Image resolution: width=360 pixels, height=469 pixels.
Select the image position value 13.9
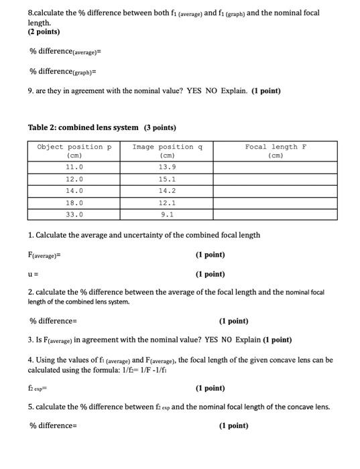[168, 166]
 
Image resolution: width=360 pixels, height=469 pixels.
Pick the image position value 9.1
[168, 214]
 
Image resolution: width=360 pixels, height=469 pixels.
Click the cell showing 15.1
[168, 179]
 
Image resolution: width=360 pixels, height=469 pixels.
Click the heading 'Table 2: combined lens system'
[83, 127]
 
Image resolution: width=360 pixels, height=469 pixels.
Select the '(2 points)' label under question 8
[44, 31]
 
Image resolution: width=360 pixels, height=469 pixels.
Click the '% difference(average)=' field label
[65, 52]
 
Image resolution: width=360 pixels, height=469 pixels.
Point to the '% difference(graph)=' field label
[63, 72]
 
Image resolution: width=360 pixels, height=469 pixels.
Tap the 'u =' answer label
[34, 274]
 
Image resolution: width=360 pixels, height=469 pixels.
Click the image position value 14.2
[168, 190]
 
